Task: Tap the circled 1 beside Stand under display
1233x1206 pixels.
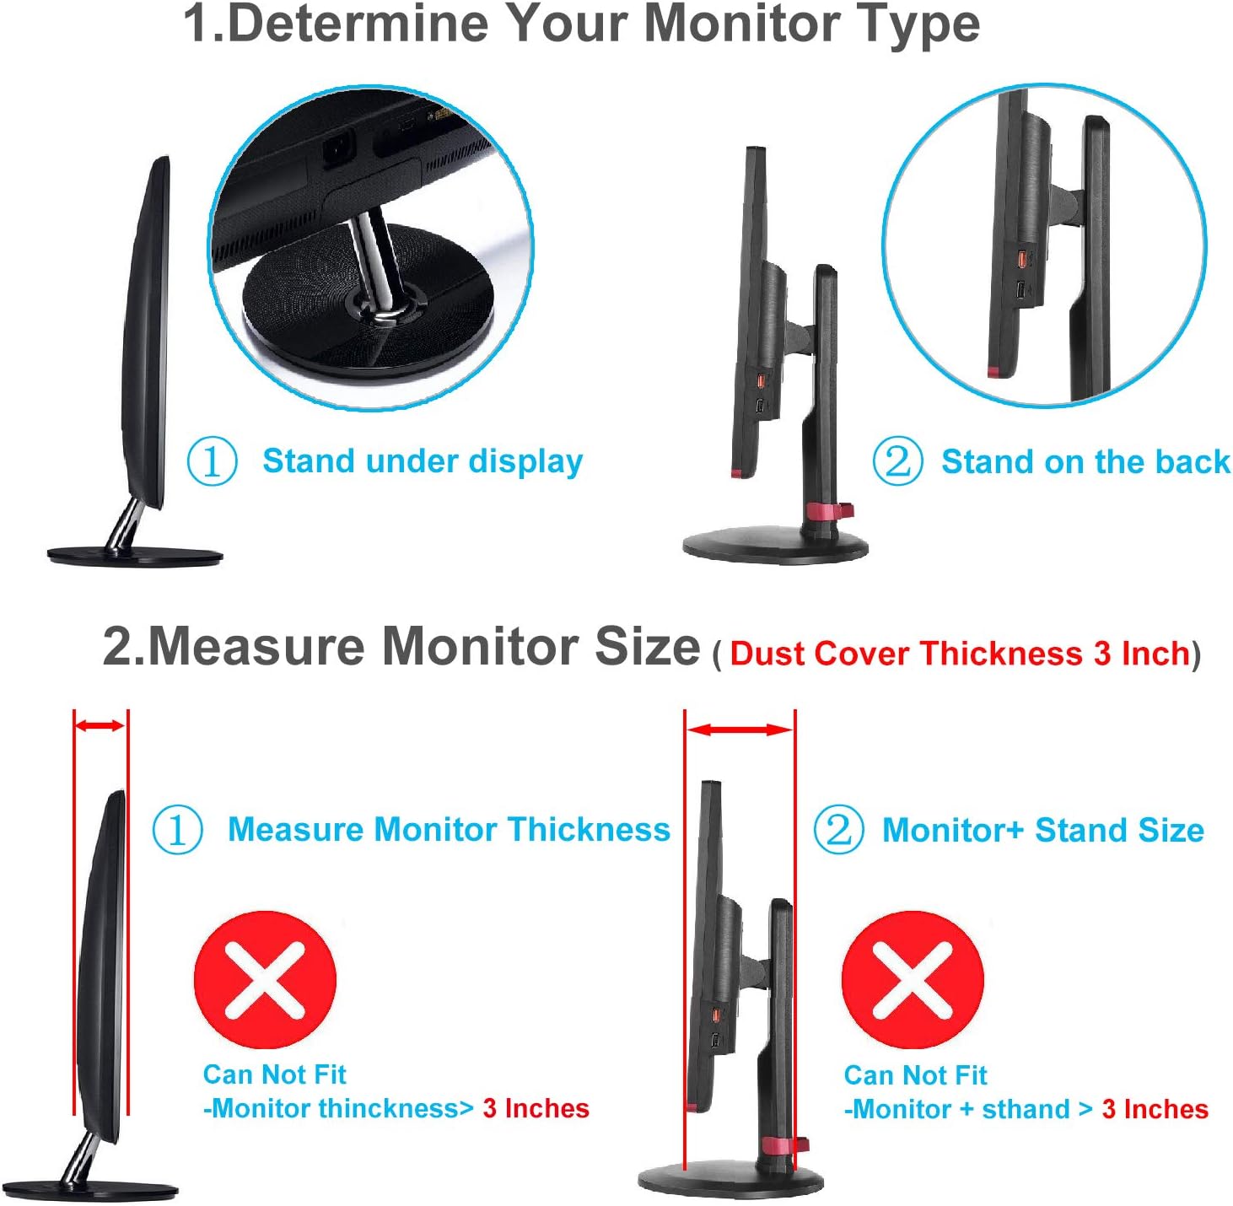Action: point(212,461)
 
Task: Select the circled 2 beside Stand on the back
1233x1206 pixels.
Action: point(896,461)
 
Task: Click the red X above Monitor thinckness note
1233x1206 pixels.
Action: point(265,980)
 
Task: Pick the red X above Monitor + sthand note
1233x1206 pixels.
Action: point(913,980)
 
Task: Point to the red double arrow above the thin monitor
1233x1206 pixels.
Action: point(100,726)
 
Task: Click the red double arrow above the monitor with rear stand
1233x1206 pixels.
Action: point(740,730)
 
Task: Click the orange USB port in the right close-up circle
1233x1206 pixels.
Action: point(1021,259)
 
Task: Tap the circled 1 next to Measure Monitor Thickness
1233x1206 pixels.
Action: point(177,830)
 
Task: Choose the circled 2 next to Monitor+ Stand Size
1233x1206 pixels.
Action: point(838,830)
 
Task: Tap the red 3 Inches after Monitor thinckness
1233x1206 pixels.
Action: point(536,1108)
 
